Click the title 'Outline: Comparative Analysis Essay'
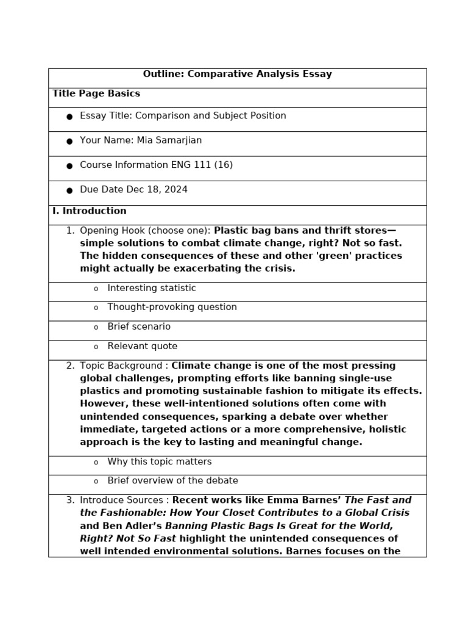coord(237,74)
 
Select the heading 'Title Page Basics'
coord(96,94)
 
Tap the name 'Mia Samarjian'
coord(169,140)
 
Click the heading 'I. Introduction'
coord(90,211)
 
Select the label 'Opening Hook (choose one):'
coord(145,231)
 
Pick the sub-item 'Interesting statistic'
coord(152,288)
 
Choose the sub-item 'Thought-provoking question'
coord(172,307)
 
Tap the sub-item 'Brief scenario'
coord(139,327)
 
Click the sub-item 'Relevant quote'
coord(143,346)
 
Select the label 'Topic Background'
coord(121,366)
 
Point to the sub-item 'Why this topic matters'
coord(160,462)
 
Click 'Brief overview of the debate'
coord(172,481)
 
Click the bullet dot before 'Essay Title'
coord(69,117)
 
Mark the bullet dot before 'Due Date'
coord(69,190)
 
